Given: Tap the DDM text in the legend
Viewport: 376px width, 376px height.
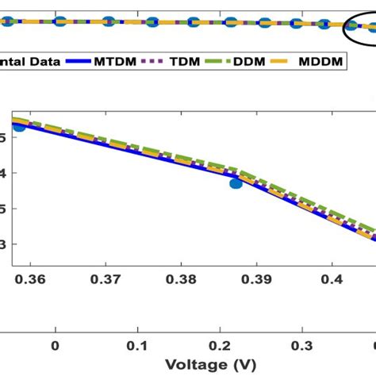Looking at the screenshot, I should pos(270,59).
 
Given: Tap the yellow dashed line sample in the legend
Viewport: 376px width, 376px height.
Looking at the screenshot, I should pos(294,59).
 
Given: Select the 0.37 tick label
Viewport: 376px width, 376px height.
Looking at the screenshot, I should pos(106,279).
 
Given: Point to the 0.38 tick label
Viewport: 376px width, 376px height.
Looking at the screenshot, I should pos(180,279).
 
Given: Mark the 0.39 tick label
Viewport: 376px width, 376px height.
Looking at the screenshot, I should pos(255,279).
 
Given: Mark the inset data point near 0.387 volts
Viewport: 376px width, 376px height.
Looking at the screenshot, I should pos(236,183).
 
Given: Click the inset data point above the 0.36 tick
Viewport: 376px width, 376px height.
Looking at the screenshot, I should pos(19,126).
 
